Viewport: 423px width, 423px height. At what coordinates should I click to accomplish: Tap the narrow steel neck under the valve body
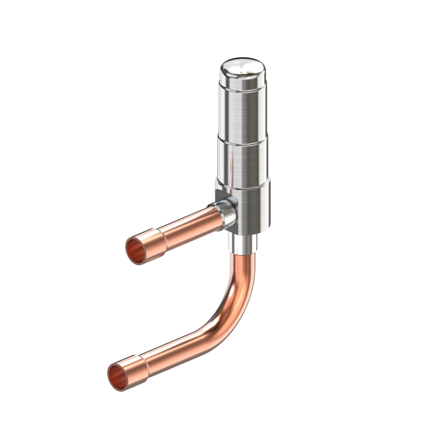(x=243, y=243)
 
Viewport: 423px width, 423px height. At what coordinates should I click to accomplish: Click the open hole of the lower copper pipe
(x=118, y=377)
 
